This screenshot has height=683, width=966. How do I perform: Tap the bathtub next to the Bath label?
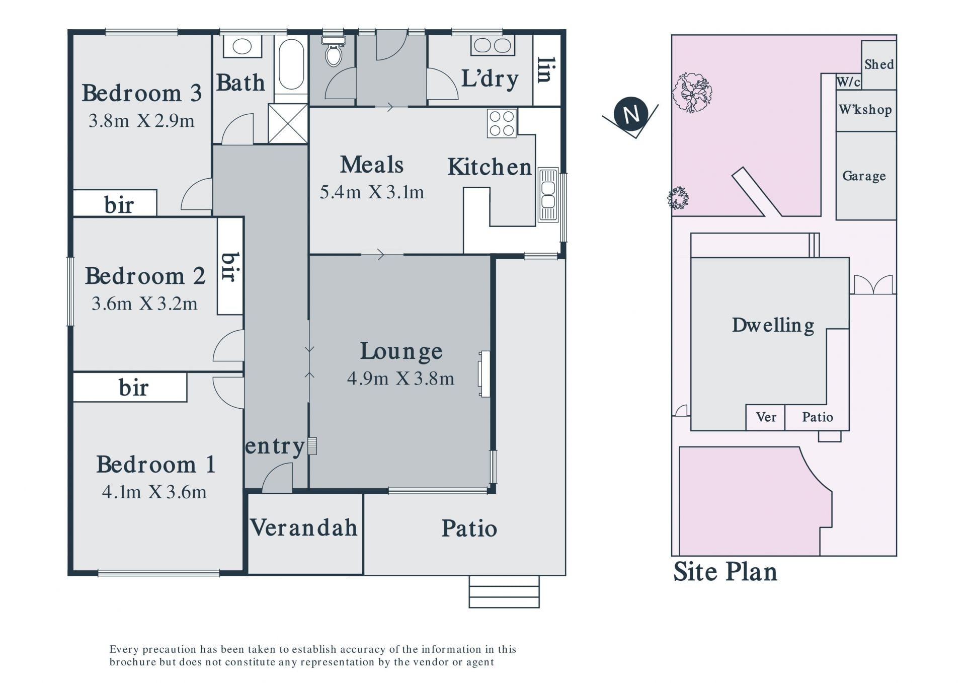click(291, 64)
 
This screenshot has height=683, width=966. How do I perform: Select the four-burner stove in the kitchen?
click(502, 123)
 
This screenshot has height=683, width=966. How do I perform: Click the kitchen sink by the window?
click(548, 195)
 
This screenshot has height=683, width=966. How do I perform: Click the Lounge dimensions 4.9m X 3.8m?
click(400, 378)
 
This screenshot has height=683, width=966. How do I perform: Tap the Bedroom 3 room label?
click(141, 93)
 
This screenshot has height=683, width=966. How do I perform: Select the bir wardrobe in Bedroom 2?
click(230, 266)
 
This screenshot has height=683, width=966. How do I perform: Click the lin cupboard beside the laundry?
click(547, 70)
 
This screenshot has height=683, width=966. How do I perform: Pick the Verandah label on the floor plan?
click(304, 527)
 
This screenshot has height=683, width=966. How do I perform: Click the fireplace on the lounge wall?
click(484, 374)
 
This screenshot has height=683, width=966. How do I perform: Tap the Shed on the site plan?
click(879, 64)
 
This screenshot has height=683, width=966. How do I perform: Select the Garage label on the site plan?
click(864, 176)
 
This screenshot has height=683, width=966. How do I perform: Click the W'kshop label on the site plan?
click(865, 109)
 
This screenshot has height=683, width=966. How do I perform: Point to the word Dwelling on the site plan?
click(773, 325)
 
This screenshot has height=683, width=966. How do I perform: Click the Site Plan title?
click(725, 572)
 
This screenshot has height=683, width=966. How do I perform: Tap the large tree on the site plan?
click(692, 92)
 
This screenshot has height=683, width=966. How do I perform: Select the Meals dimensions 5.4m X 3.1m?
click(372, 192)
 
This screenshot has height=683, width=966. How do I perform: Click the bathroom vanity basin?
click(243, 47)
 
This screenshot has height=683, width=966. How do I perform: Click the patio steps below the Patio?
click(504, 591)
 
